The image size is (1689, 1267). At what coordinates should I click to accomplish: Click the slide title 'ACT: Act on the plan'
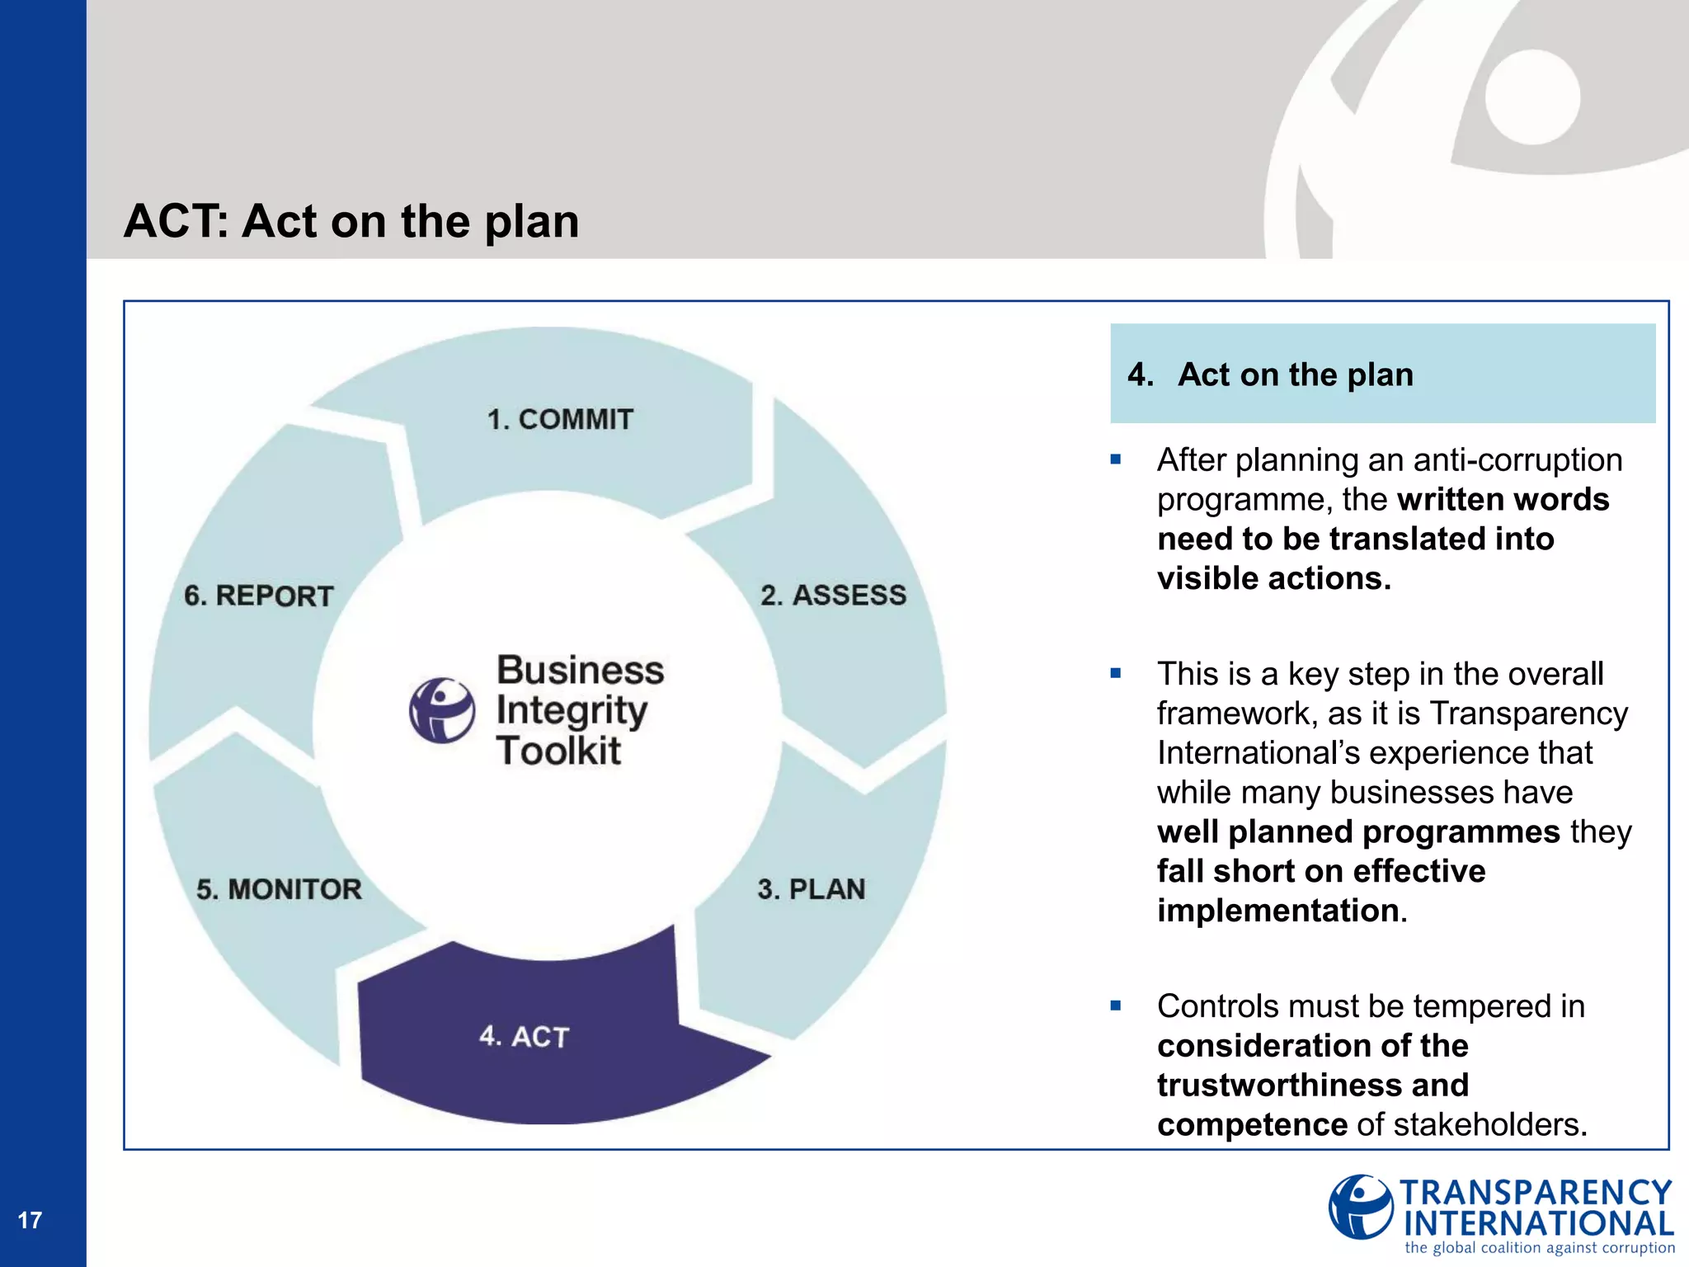(x=351, y=221)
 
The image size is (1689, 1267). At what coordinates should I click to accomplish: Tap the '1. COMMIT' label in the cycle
(x=560, y=419)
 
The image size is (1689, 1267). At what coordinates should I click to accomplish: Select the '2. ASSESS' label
(x=833, y=595)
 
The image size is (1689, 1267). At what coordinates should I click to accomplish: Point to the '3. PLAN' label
(x=812, y=888)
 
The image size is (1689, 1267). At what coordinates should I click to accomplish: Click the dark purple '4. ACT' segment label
(x=525, y=1036)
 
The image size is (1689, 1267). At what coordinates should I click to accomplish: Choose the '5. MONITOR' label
(x=279, y=888)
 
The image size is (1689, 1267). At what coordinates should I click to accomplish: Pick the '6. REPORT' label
(x=258, y=596)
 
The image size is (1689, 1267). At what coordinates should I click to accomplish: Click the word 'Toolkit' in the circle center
(x=558, y=751)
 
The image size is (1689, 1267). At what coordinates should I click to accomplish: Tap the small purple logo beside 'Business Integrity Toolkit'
(x=442, y=710)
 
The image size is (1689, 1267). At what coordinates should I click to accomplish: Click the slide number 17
(x=30, y=1220)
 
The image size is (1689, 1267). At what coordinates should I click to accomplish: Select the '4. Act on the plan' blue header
(x=1382, y=374)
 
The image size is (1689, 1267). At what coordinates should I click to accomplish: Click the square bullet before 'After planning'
(x=1116, y=459)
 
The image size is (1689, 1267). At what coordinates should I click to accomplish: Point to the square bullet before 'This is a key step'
(x=1116, y=673)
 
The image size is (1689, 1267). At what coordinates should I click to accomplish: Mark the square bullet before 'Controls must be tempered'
(x=1116, y=1006)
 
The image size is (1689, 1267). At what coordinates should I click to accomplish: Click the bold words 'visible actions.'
(x=1274, y=578)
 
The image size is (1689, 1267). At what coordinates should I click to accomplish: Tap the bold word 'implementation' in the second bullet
(x=1278, y=911)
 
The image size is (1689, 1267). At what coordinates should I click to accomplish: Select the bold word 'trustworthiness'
(x=1313, y=1085)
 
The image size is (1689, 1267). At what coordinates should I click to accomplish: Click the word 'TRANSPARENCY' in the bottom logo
(x=1536, y=1193)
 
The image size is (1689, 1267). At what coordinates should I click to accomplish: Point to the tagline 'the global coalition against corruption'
(x=1540, y=1248)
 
